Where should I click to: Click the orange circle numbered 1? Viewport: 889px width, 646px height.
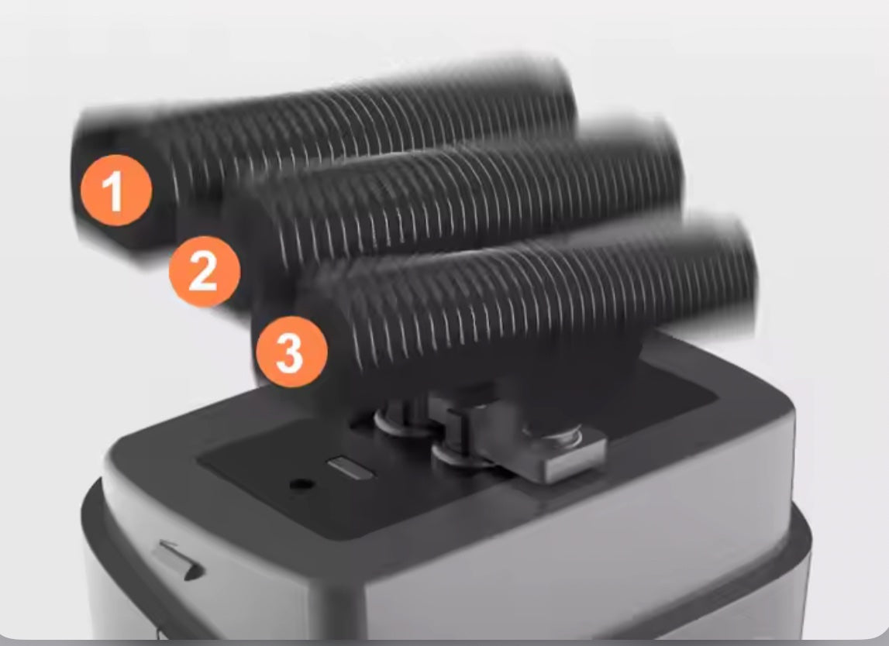click(x=116, y=191)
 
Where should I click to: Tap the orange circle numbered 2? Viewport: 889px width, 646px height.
click(x=205, y=271)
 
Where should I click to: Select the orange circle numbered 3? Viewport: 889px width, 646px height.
click(x=291, y=352)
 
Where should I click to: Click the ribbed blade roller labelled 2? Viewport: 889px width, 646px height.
click(x=453, y=215)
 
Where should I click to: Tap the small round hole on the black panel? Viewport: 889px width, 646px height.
click(x=302, y=485)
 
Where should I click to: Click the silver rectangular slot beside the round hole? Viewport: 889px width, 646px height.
click(x=350, y=468)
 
